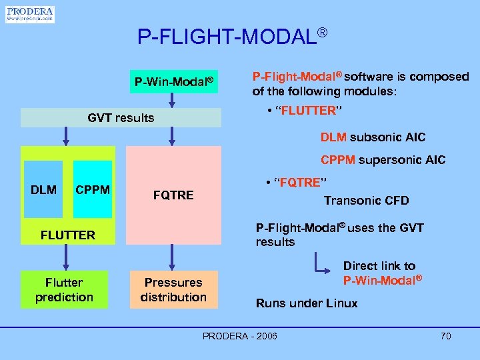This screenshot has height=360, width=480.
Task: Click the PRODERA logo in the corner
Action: point(30,14)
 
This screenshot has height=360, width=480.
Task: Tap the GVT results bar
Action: point(121,118)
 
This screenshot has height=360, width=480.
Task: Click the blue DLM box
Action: point(43,190)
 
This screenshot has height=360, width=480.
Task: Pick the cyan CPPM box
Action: point(93,190)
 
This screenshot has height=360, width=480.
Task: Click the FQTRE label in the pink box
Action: point(173,195)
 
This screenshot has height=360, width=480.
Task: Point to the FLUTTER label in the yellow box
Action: point(68,235)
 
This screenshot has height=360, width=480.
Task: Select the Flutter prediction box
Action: point(65,289)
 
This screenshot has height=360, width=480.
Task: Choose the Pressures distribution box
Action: point(173,289)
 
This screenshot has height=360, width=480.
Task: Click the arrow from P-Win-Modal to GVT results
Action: point(173,101)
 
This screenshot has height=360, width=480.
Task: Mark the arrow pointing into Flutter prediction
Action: point(65,256)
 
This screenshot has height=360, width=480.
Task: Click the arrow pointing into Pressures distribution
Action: point(173,256)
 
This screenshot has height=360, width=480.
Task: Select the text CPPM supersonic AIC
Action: point(383,160)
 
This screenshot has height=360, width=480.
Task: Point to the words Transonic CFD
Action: point(366,201)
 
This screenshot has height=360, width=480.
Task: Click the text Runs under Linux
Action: point(307,303)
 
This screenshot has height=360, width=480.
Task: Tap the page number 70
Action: point(445,336)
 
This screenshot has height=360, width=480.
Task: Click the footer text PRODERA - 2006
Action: point(239,336)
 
